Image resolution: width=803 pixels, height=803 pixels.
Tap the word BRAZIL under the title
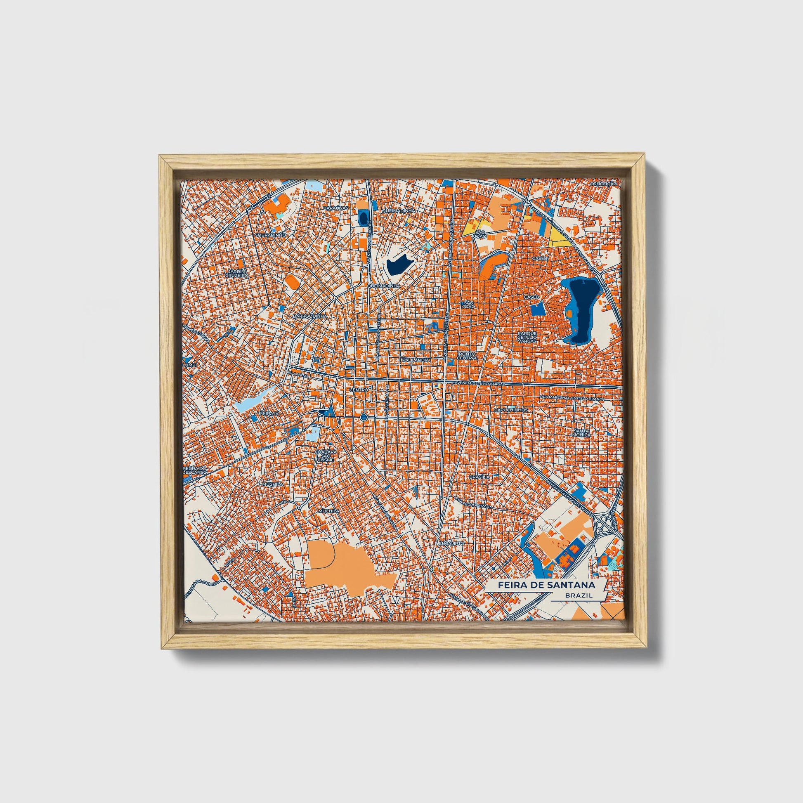579,595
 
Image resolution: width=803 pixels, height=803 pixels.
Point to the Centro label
359,390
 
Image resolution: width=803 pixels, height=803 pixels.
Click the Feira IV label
266,414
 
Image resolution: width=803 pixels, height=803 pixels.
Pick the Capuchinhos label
511,410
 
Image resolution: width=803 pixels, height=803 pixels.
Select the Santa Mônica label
581,433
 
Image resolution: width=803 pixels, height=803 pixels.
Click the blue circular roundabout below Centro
364,417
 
